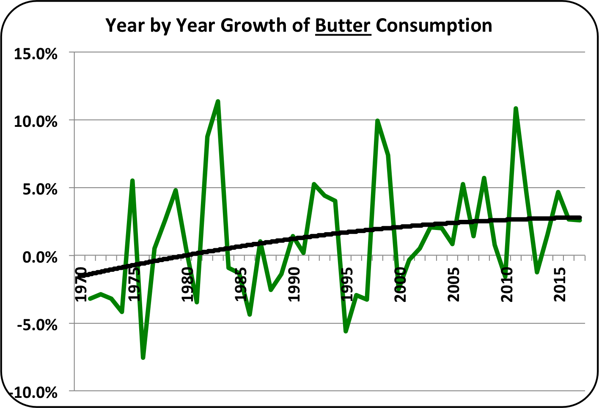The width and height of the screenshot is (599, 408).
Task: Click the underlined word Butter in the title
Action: [x=343, y=26]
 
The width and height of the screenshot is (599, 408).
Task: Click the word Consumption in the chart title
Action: [x=434, y=26]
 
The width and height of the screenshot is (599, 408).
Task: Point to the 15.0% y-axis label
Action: [x=36, y=54]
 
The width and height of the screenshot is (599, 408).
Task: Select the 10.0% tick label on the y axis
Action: [x=36, y=122]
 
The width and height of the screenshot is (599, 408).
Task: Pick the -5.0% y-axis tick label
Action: [x=37, y=325]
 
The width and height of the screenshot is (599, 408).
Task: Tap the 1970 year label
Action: [x=80, y=285]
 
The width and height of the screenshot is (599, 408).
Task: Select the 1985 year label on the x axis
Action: [x=241, y=285]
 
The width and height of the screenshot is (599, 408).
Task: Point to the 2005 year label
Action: [x=454, y=285]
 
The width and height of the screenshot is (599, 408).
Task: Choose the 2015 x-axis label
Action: [x=561, y=285]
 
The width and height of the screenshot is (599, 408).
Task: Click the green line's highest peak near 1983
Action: [x=218, y=101]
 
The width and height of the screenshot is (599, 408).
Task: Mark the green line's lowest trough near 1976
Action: [x=143, y=358]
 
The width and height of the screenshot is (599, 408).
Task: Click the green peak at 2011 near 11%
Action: [x=516, y=109]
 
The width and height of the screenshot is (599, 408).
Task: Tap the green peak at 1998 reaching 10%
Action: [x=377, y=121]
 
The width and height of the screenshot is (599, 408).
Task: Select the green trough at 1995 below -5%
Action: [x=346, y=331]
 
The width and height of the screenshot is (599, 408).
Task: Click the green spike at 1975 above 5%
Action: [x=132, y=181]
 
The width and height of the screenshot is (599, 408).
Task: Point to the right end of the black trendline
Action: [x=580, y=217]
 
